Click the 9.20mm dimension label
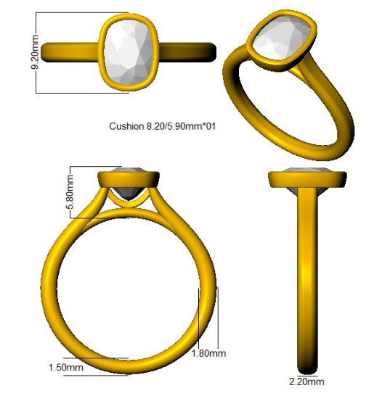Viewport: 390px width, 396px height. pyautogui.click(x=34, y=51)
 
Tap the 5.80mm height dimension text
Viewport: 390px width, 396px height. pyautogui.click(x=70, y=192)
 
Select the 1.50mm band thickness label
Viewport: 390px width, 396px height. pyautogui.click(x=66, y=368)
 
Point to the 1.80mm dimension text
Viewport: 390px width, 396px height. pyautogui.click(x=208, y=353)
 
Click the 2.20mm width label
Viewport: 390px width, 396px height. pyautogui.click(x=306, y=381)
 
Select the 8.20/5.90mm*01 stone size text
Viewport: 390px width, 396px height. pyautogui.click(x=181, y=126)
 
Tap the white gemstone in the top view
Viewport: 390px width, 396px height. pyautogui.click(x=129, y=52)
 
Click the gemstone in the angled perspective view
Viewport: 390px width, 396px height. pyautogui.click(x=282, y=38)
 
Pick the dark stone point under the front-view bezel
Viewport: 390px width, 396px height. pyautogui.click(x=129, y=194)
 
